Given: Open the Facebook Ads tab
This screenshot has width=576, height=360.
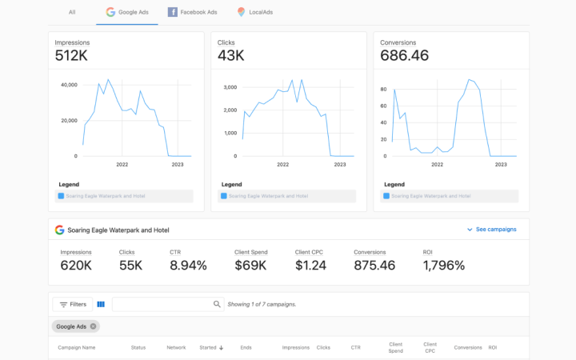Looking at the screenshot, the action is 193,12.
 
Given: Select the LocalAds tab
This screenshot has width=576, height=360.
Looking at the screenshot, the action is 255,12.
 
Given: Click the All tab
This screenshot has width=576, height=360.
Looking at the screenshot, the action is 72,12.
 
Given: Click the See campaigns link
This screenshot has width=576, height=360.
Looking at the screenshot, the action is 491,230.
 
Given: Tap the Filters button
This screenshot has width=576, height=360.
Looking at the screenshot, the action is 73,304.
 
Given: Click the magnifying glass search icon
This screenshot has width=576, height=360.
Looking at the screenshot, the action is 217,304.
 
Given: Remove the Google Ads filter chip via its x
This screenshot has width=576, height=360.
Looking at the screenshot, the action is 94,326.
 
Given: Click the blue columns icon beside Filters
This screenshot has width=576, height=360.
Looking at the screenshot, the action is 101,304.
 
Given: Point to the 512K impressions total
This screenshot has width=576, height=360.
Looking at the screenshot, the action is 71,55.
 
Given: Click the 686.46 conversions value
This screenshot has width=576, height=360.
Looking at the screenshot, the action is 405,55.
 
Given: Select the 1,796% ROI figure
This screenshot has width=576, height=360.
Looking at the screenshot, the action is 444,266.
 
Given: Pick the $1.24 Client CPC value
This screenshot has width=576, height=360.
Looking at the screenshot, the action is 310,266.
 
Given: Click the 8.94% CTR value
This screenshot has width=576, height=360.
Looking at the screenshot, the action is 188,266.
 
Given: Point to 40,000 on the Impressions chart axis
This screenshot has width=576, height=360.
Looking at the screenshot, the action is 69,85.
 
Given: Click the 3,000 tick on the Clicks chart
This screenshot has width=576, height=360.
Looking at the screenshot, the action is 230,87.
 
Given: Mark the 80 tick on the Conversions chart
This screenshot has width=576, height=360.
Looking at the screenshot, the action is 383,90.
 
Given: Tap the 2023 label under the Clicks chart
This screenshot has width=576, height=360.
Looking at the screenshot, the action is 340,165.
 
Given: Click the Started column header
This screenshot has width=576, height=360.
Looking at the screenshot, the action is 211,347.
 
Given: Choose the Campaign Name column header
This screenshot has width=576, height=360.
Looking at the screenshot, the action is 77,347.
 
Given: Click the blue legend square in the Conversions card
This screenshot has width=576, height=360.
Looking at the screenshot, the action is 386,196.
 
